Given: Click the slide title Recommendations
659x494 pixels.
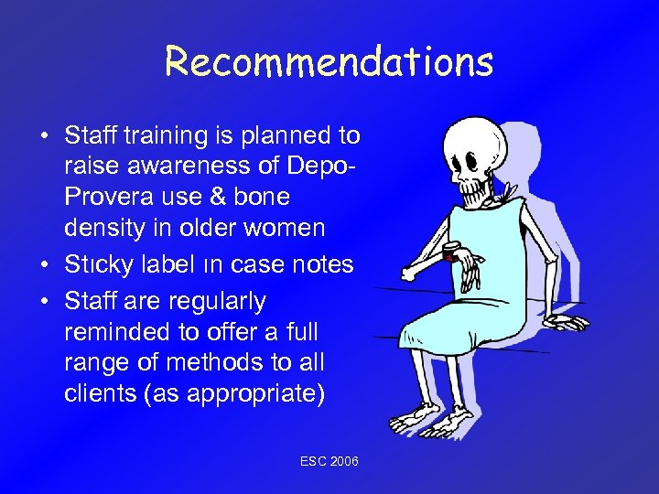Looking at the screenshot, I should (x=329, y=62).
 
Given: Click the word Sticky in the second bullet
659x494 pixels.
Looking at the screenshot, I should (x=94, y=264).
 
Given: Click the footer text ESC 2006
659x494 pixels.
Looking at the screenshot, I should (x=329, y=462).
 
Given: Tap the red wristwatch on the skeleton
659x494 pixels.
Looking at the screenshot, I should (x=451, y=253).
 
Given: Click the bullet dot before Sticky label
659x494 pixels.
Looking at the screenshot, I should (x=44, y=265).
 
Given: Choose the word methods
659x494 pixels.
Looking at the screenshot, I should (x=222, y=363).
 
